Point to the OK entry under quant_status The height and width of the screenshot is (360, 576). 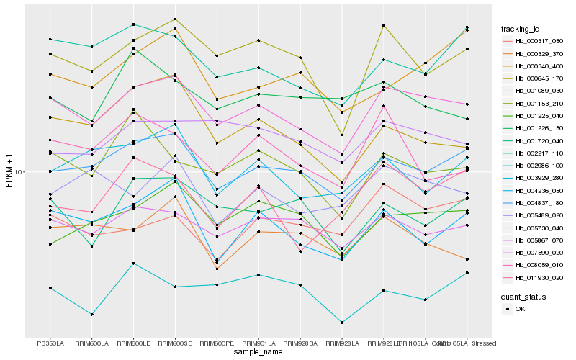coord(520,309)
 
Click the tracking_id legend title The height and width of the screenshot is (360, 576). coord(521,29)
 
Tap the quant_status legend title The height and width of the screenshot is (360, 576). coord(523,296)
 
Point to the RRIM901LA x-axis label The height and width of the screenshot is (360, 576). coord(258,343)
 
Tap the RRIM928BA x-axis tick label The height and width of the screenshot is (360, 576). coord(300,343)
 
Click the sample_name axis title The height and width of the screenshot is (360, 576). coord(258,352)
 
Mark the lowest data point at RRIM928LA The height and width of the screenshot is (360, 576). coord(342,323)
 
